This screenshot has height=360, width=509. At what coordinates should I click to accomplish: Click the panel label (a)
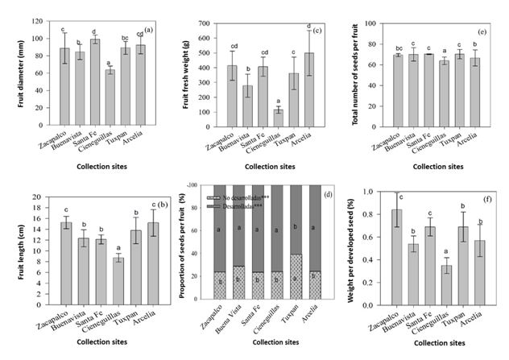[x=149, y=30]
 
